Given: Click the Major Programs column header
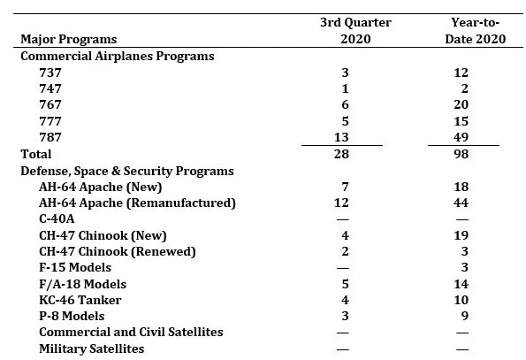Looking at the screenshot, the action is coord(69,39).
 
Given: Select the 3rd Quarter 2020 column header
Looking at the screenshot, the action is coord(355,31).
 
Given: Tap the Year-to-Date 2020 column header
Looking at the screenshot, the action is coord(476,31).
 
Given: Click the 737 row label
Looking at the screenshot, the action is coord(50,73).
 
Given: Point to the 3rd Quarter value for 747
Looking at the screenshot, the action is coord(345,88).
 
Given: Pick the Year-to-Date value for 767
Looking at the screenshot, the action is coord(461,104).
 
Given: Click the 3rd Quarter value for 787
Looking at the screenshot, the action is coord(341,137).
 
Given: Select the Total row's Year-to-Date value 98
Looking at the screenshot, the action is coord(461,154).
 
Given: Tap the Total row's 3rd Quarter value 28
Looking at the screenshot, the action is coord(341,154).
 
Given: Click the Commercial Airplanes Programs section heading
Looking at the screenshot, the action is coord(118,56).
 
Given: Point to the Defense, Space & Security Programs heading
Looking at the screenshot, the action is coord(127,171).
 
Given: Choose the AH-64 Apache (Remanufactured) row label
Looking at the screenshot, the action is coord(137,203).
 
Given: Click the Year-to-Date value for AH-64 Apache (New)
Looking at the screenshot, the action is coord(461,187).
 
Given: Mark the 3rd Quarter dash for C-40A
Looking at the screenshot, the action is coord(342,219).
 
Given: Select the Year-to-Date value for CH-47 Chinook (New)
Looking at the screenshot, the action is coord(461,235).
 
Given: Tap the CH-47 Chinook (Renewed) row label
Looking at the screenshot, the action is coord(118,251).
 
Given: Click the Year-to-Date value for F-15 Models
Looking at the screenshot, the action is coord(465,267).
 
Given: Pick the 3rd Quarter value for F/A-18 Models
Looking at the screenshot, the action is coord(345,284).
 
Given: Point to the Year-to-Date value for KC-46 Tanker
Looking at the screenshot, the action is coord(461,300).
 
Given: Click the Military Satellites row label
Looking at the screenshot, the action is coord(92,349).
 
